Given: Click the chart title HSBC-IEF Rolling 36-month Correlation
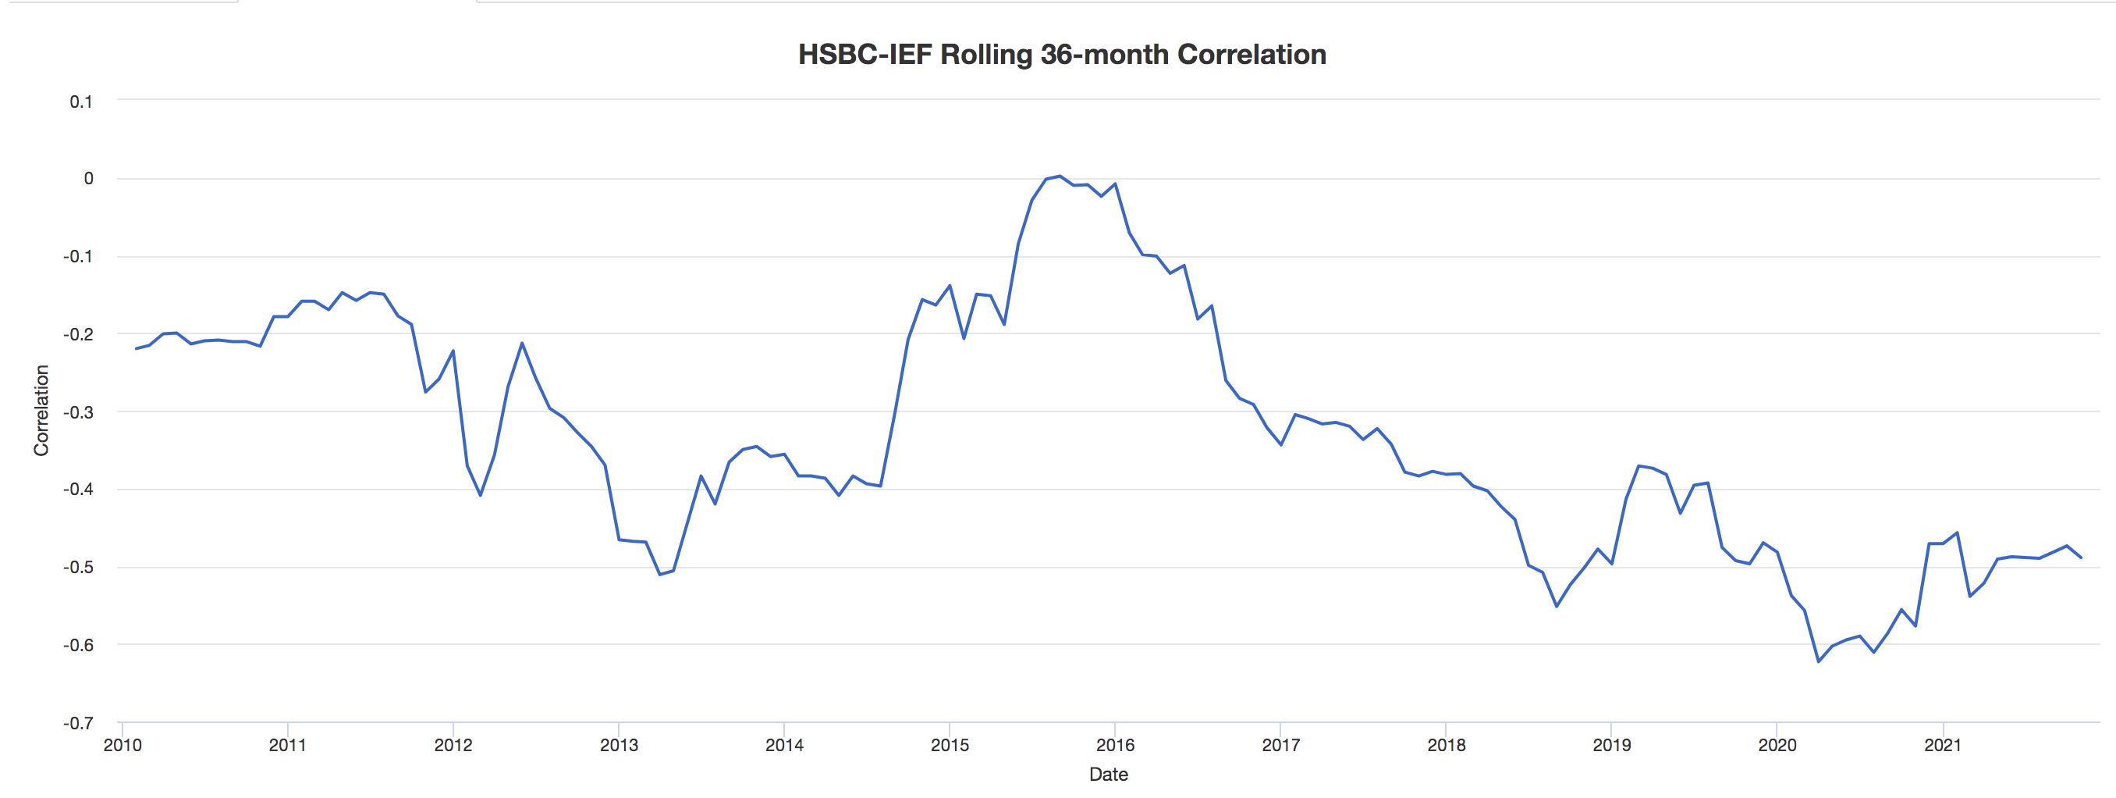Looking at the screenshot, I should tap(1061, 54).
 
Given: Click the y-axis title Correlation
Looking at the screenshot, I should tap(41, 410).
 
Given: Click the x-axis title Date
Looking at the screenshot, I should tap(1108, 774).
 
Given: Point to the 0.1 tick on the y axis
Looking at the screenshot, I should tap(80, 102).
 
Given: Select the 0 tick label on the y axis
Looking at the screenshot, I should tap(88, 178).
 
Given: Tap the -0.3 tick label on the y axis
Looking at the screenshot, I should tap(78, 411).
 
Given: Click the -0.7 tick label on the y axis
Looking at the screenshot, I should tap(78, 723).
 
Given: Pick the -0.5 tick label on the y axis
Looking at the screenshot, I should tap(78, 567).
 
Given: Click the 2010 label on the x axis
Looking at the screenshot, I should tap(122, 746).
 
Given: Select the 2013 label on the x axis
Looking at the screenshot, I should tap(619, 746).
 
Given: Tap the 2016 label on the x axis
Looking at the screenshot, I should tap(1115, 746).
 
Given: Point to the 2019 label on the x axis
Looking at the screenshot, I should tap(1612, 746).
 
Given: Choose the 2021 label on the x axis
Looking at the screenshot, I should tap(1943, 746).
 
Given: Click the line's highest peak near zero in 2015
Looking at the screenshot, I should tap(1060, 176).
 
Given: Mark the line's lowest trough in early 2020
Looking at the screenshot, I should tap(1819, 661).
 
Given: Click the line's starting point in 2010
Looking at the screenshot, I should tap(137, 348).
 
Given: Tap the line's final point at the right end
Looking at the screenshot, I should tap(2081, 558).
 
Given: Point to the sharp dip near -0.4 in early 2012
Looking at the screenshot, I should tap(481, 495).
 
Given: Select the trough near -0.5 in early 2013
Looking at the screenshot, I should tap(659, 575).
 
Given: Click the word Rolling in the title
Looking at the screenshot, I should tap(985, 54).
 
